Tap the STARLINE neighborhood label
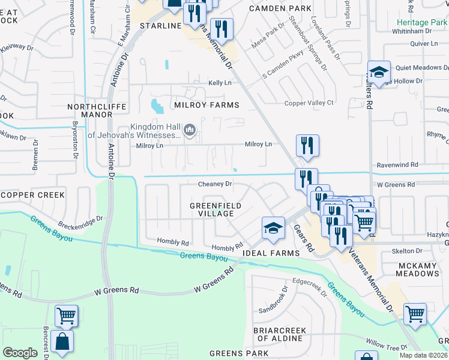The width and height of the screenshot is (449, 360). pyautogui.click(x=160, y=26)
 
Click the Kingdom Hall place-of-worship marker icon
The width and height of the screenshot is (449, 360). pyautogui.click(x=190, y=130)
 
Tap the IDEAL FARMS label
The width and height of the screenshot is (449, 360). pyautogui.click(x=271, y=253)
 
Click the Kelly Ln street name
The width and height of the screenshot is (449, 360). pyautogui.click(x=220, y=83)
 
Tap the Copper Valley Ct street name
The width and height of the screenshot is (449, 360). pyautogui.click(x=309, y=103)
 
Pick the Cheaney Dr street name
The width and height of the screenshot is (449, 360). pyautogui.click(x=215, y=184)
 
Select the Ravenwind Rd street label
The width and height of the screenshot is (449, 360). pyautogui.click(x=397, y=164)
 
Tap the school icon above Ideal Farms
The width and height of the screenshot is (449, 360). pyautogui.click(x=273, y=229)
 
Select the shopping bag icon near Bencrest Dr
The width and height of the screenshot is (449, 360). pyautogui.click(x=62, y=341)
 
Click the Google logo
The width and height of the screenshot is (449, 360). pyautogui.click(x=20, y=353)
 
